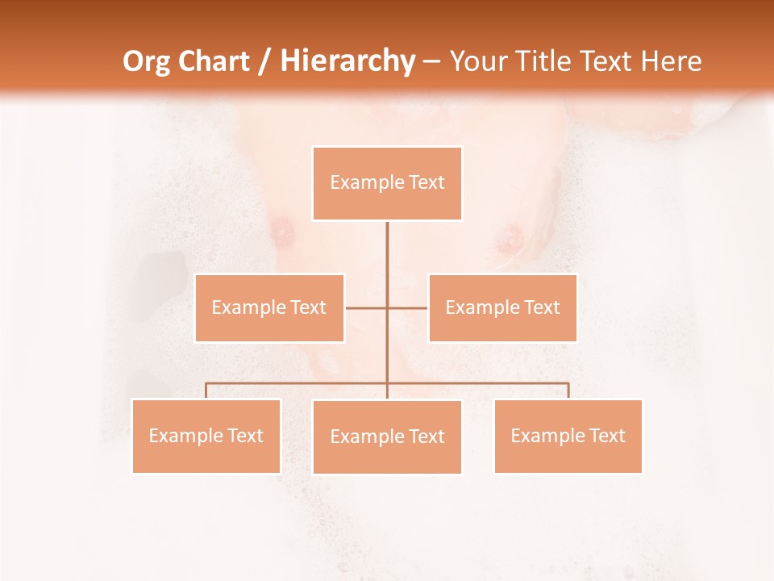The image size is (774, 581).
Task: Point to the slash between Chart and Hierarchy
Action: click(264, 62)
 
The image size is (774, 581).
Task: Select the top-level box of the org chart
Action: click(387, 183)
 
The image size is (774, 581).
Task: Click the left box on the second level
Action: click(269, 307)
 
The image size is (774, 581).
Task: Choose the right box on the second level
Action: click(502, 307)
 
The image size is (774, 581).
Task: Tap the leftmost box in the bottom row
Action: click(206, 436)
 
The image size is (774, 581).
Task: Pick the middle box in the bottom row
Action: click(387, 437)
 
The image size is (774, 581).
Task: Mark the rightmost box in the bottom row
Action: click(568, 436)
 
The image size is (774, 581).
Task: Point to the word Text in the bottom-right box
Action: click(607, 436)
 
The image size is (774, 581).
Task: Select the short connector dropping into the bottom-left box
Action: click(206, 391)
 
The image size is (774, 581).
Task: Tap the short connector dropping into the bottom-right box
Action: click(568, 391)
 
